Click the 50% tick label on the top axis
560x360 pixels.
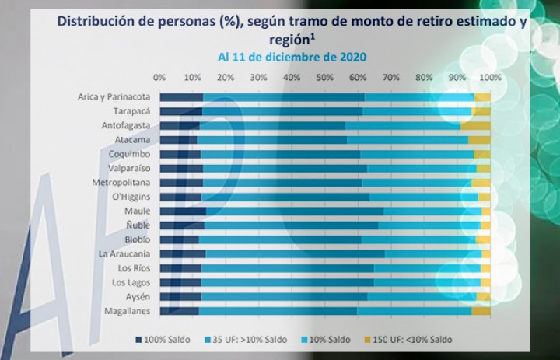[324, 77]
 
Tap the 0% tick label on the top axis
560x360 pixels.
[159, 77]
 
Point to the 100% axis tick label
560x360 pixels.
[490, 77]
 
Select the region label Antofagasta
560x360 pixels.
[126, 126]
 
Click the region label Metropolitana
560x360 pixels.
[121, 183]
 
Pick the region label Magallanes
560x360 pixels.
[127, 311]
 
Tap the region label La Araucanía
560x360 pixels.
[124, 254]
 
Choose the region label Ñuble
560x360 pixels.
[138, 225]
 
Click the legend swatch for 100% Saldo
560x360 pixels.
[138, 340]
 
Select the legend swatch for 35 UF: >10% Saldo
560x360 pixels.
[208, 340]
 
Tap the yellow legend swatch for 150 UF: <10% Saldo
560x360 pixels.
[367, 340]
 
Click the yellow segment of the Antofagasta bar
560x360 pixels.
[475, 126]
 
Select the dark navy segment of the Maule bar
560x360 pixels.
[183, 211]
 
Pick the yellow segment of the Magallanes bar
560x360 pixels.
[481, 311]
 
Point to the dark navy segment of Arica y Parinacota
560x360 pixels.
[181, 97]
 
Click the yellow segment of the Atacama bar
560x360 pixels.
[479, 140]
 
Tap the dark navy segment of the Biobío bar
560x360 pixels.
[180, 239]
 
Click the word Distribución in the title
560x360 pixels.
[101, 22]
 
